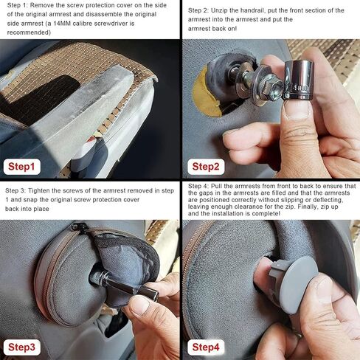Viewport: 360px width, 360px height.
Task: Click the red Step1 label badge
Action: [22, 167]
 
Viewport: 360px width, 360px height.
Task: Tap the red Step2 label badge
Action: [206, 167]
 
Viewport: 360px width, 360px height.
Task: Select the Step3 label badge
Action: [22, 347]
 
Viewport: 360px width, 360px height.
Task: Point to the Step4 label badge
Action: [206, 347]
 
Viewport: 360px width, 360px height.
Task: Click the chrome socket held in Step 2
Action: [298, 80]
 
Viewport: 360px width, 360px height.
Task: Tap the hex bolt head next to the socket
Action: [272, 84]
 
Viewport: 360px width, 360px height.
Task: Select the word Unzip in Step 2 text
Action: [219, 10]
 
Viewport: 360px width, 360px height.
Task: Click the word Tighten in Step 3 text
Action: [39, 191]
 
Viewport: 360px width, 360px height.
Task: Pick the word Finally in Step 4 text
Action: [308, 207]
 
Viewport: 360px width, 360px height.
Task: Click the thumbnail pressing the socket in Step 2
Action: [296, 110]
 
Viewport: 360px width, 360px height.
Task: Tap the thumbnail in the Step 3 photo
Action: [139, 305]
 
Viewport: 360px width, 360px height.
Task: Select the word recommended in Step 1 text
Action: [28, 32]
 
